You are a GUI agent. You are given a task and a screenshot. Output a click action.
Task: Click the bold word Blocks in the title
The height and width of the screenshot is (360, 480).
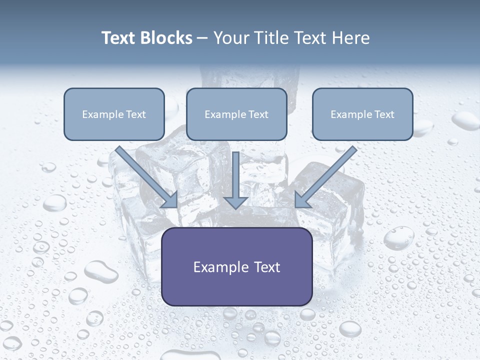pos(165,38)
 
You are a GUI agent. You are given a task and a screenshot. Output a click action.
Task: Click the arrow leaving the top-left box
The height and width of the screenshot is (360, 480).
pos(145,175)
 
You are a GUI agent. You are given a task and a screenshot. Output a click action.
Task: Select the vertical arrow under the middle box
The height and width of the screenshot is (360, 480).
pos(236,175)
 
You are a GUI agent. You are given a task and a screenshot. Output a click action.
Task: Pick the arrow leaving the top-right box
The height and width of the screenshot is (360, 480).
pos(327,175)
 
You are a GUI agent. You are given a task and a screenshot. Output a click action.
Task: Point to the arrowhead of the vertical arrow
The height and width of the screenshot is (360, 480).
pos(236,202)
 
